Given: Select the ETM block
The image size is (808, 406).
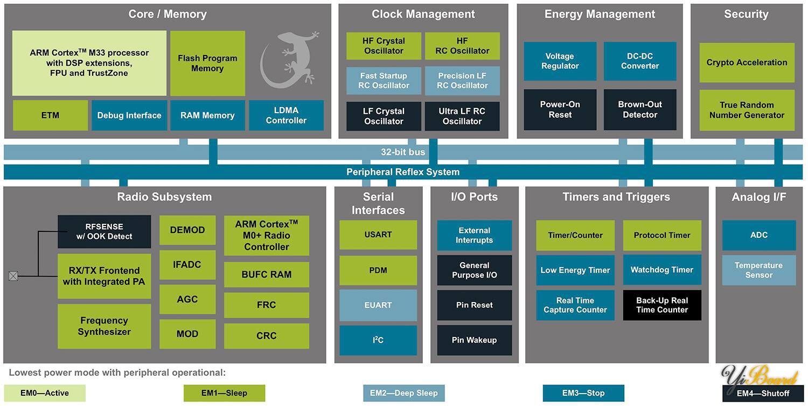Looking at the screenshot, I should pos(50,115).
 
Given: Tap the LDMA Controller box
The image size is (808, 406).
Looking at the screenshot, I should pos(286,115).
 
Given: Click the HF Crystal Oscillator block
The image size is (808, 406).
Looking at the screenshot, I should pos(384,46).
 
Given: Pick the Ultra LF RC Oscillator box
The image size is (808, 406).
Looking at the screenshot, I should pos(462,116).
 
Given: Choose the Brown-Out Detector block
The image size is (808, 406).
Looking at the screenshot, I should pos(639,109).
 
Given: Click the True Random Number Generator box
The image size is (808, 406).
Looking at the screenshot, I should pos(747,110).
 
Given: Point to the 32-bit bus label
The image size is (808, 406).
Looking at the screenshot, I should pos(403,152).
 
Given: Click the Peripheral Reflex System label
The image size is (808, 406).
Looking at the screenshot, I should pos(403,172).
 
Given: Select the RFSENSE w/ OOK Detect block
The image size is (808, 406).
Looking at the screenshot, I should pos(104,231).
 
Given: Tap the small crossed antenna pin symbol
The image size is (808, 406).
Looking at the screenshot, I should pos(13,276).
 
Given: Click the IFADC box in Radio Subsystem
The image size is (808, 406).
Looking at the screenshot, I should pos(187,265).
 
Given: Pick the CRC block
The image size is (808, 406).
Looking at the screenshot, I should pos(267,336).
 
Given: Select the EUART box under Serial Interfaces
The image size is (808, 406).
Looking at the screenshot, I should pos(378,305).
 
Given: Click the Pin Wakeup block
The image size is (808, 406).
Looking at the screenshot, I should pos(474,340).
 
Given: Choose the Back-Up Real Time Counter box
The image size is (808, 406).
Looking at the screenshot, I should pos(662,305).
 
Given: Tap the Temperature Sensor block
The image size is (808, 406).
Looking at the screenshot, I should pos(758,270).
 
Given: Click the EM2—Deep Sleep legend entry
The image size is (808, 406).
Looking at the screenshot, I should pos(404,393).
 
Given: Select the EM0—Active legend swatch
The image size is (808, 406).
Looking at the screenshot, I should pos(45,393).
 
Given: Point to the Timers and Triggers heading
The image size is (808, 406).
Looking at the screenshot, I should pos(616,197).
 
